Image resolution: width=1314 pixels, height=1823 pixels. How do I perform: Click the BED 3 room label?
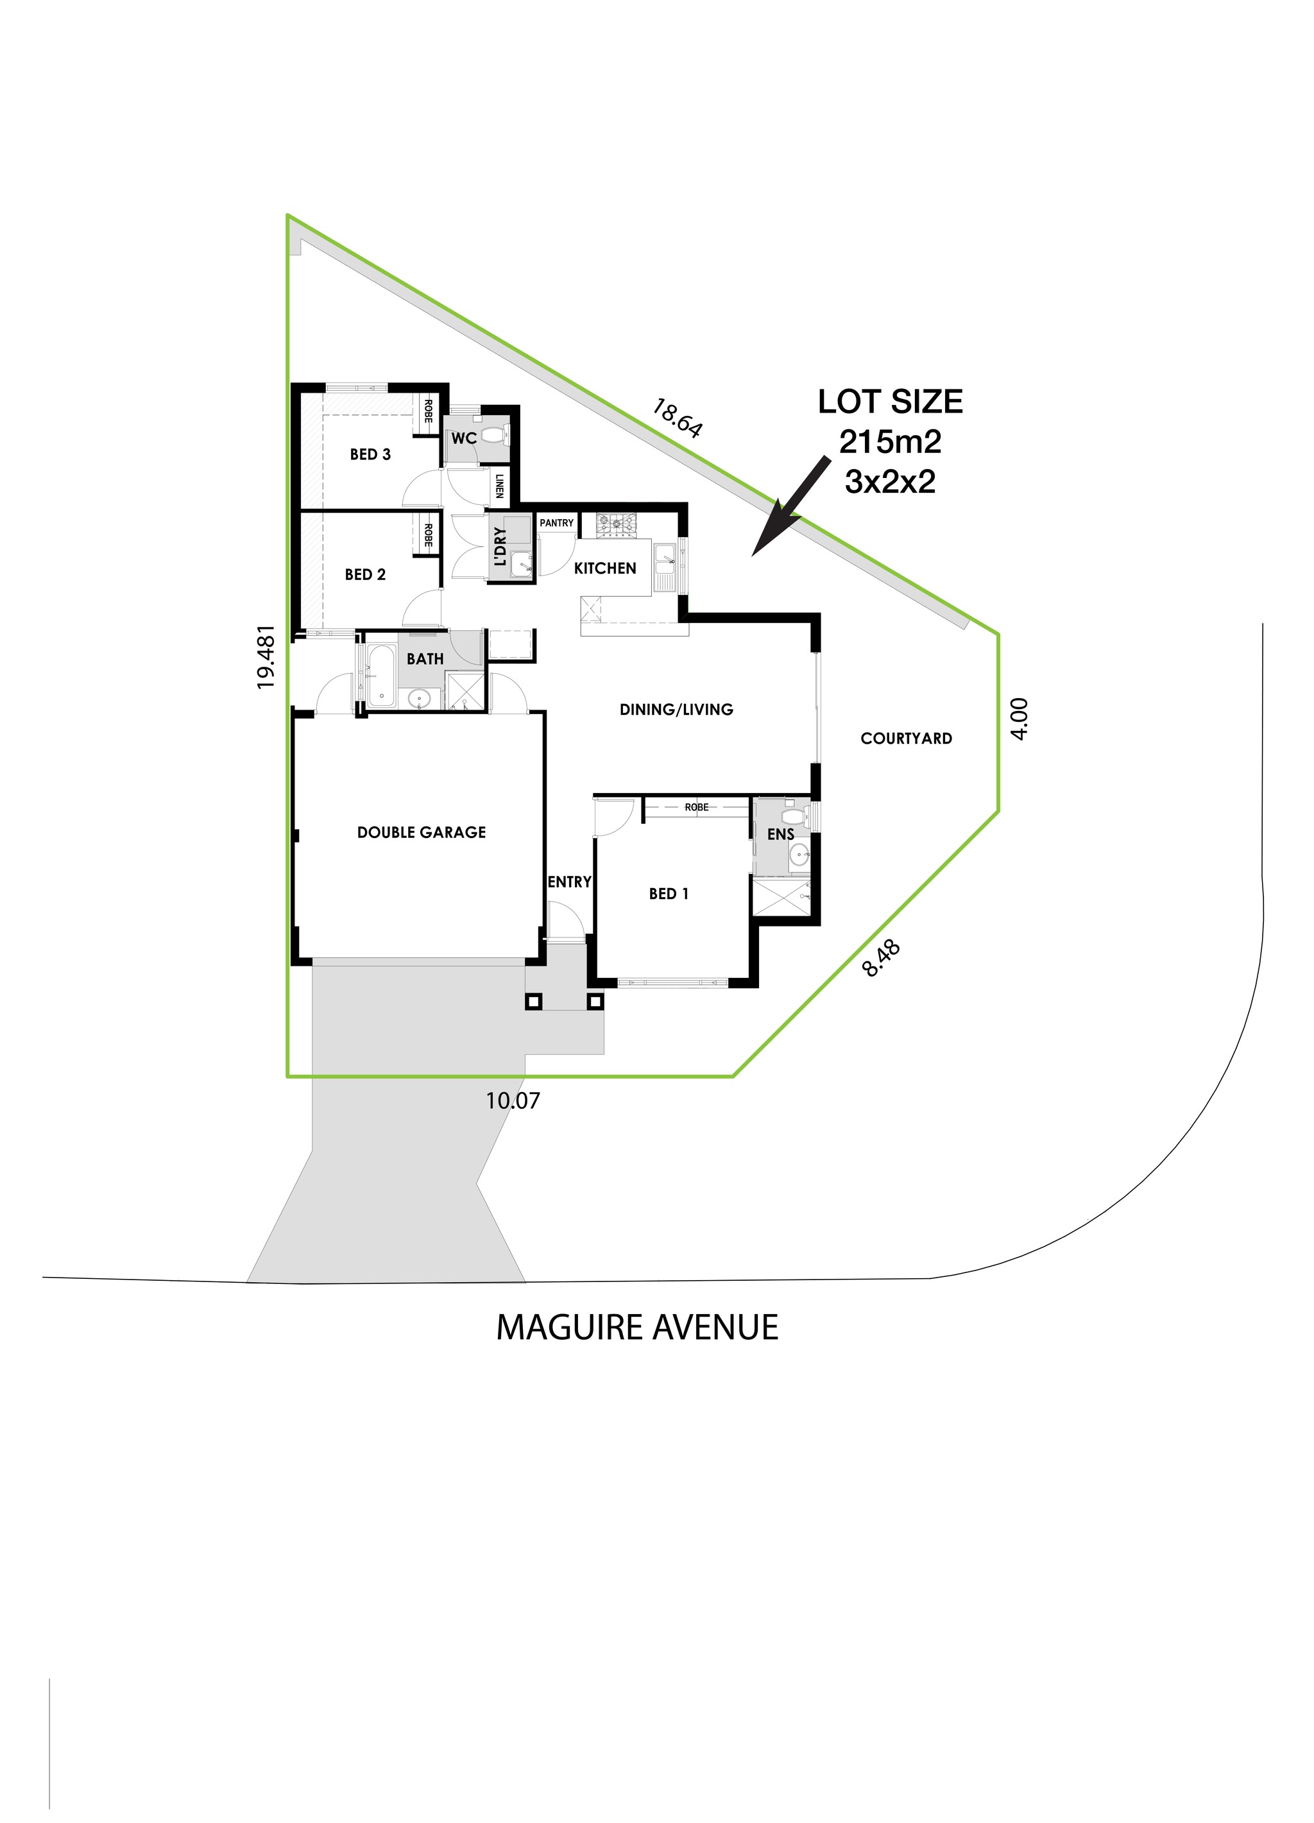[x=370, y=455]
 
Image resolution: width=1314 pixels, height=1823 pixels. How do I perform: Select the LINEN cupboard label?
[x=499, y=486]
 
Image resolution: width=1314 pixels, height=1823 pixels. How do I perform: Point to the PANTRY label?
[x=556, y=523]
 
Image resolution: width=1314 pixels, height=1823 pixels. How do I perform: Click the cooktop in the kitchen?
[x=615, y=526]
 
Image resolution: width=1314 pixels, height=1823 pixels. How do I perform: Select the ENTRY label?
[x=569, y=882]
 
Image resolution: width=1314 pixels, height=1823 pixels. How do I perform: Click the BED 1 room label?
[x=669, y=894]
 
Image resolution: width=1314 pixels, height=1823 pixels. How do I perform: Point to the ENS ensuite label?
[x=780, y=835]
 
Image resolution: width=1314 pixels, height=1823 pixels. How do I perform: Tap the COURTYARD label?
[x=906, y=739]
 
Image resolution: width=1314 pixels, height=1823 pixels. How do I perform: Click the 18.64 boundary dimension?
[x=677, y=418]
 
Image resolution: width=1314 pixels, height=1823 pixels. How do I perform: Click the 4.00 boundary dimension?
[x=1018, y=719]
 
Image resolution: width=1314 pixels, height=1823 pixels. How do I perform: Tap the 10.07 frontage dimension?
[x=513, y=1100]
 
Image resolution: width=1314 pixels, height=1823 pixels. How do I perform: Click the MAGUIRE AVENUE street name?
[x=636, y=1327]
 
